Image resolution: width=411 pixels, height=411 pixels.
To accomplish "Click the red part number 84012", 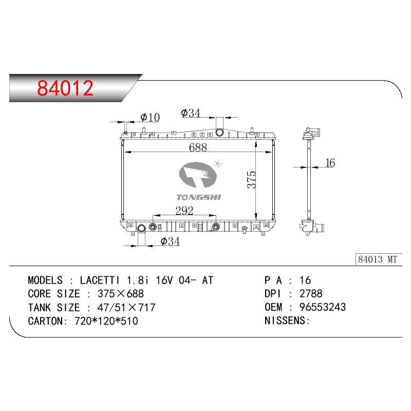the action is tap(65, 88).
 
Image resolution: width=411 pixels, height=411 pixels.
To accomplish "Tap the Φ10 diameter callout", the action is tap(150, 117).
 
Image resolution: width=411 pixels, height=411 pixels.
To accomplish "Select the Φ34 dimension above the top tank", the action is tap(191, 113).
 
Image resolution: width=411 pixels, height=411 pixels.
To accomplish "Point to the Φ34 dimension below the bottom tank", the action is tap(170, 241).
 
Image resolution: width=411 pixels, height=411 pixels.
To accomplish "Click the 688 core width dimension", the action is tap(198, 147).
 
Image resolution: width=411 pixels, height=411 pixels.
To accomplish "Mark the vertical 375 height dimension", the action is tap(251, 179).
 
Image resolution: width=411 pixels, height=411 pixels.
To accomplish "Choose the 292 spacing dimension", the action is tap(184, 211).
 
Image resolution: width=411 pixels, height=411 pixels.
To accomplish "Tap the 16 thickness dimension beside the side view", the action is tap(330, 163).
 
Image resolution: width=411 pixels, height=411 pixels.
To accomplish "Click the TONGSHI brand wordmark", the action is tap(199, 197).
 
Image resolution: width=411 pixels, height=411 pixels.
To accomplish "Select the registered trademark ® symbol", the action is tap(218, 163).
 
